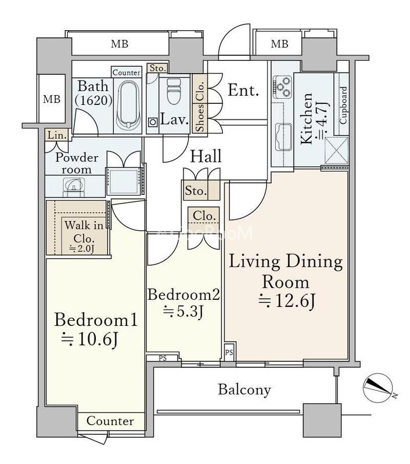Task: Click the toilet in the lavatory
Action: pos(174,91)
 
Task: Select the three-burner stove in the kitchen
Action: pos(282,86)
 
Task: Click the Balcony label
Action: pos(244,390)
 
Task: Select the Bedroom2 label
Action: pos(184,295)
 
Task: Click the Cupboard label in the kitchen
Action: pos(343,106)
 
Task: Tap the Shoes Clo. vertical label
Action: pos(200,107)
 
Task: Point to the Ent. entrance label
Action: pos(243,90)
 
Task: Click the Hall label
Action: pos(206,156)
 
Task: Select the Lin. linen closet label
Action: pos(56,135)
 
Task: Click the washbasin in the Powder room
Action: pos(74,186)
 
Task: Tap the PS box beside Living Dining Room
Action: pos(229,352)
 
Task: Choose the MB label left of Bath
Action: pos(52,99)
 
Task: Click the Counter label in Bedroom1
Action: pos(110,421)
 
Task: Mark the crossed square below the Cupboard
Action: pos(336,150)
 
